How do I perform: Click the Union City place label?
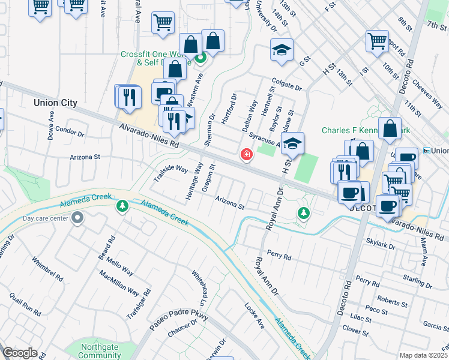[55, 103]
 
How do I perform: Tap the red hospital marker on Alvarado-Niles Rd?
[246, 155]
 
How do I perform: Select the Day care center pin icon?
[77, 219]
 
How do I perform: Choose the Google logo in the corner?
[20, 353]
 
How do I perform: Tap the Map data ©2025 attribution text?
[423, 355]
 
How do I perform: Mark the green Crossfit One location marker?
[201, 58]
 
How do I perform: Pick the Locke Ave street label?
[255, 315]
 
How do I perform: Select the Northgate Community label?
[100, 351]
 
